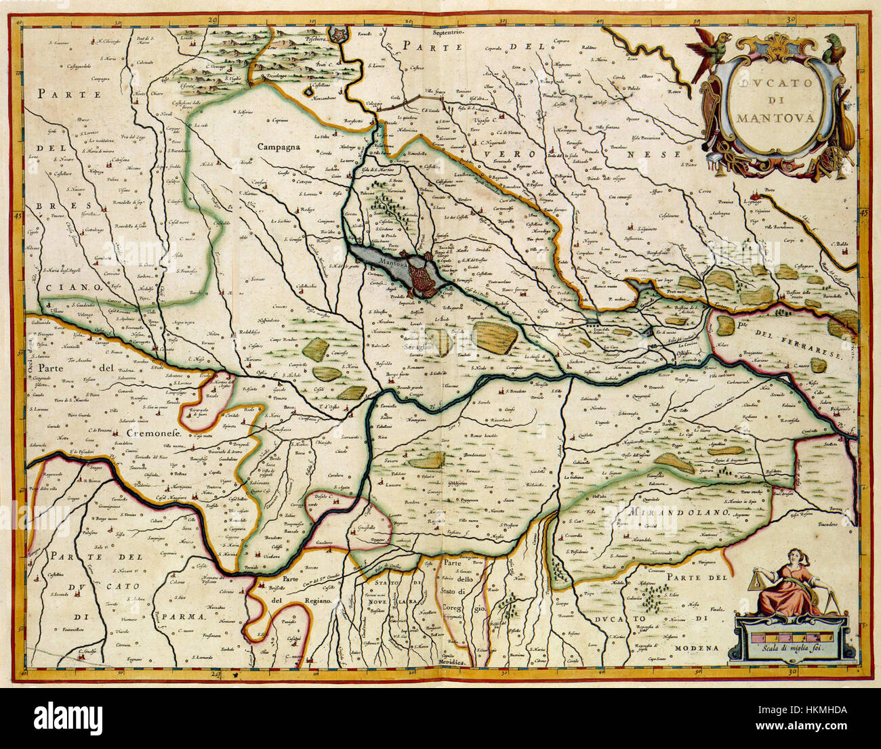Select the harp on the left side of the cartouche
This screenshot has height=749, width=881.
coord(709,108)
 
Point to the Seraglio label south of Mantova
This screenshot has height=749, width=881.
coord(418,346)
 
